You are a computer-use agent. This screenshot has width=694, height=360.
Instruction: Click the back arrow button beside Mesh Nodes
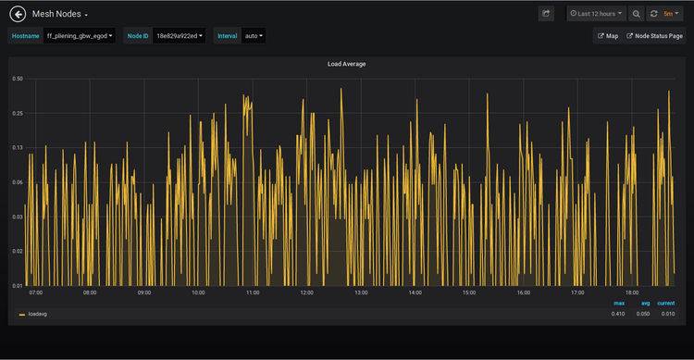point(17,14)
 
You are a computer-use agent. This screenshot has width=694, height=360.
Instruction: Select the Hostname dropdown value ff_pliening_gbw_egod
point(80,36)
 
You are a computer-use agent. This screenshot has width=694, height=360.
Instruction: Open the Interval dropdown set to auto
point(253,36)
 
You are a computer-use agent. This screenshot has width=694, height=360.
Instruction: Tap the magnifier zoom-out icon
point(637,14)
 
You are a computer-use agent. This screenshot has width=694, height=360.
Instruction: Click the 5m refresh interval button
point(666,14)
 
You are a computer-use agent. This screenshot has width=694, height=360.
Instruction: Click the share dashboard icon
point(546,14)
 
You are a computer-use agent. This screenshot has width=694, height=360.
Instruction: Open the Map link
point(608,36)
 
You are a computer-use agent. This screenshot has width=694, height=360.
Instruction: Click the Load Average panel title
point(346,65)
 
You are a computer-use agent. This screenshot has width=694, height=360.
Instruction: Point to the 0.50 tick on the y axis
point(18,79)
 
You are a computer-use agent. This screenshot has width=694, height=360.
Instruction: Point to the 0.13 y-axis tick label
point(18,148)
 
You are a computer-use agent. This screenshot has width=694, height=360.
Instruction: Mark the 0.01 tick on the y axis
point(18,285)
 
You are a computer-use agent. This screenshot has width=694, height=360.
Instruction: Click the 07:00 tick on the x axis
point(35,292)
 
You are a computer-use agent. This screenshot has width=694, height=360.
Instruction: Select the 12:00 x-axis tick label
point(306,292)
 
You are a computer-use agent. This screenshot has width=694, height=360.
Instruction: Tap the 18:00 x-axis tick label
point(632,292)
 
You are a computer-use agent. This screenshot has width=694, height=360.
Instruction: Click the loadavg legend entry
point(37,314)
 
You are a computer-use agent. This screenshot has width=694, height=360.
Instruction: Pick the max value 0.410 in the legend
point(618,314)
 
